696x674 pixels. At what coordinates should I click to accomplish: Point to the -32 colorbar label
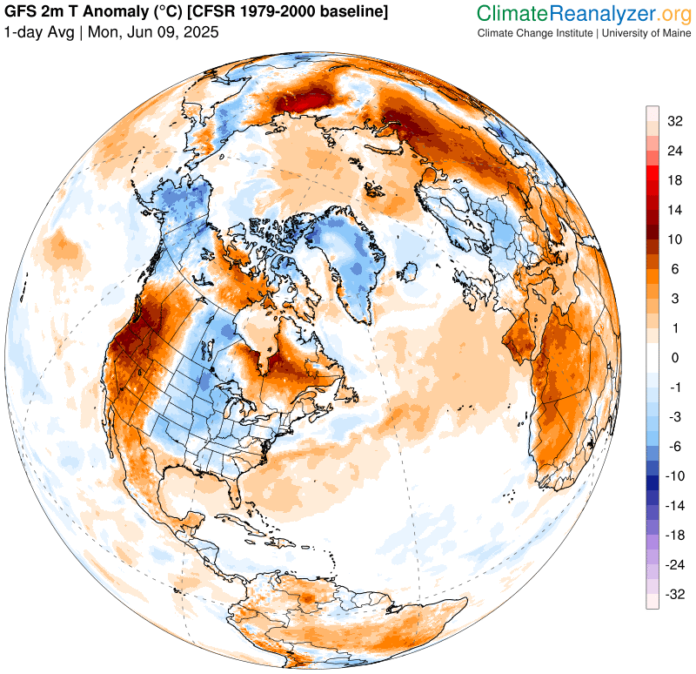(673, 595)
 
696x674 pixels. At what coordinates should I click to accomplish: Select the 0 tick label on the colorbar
(673, 358)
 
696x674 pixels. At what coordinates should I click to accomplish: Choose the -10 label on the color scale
(673, 476)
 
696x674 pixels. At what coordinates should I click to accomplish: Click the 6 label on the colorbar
(673, 269)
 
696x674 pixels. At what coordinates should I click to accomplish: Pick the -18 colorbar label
(673, 536)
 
